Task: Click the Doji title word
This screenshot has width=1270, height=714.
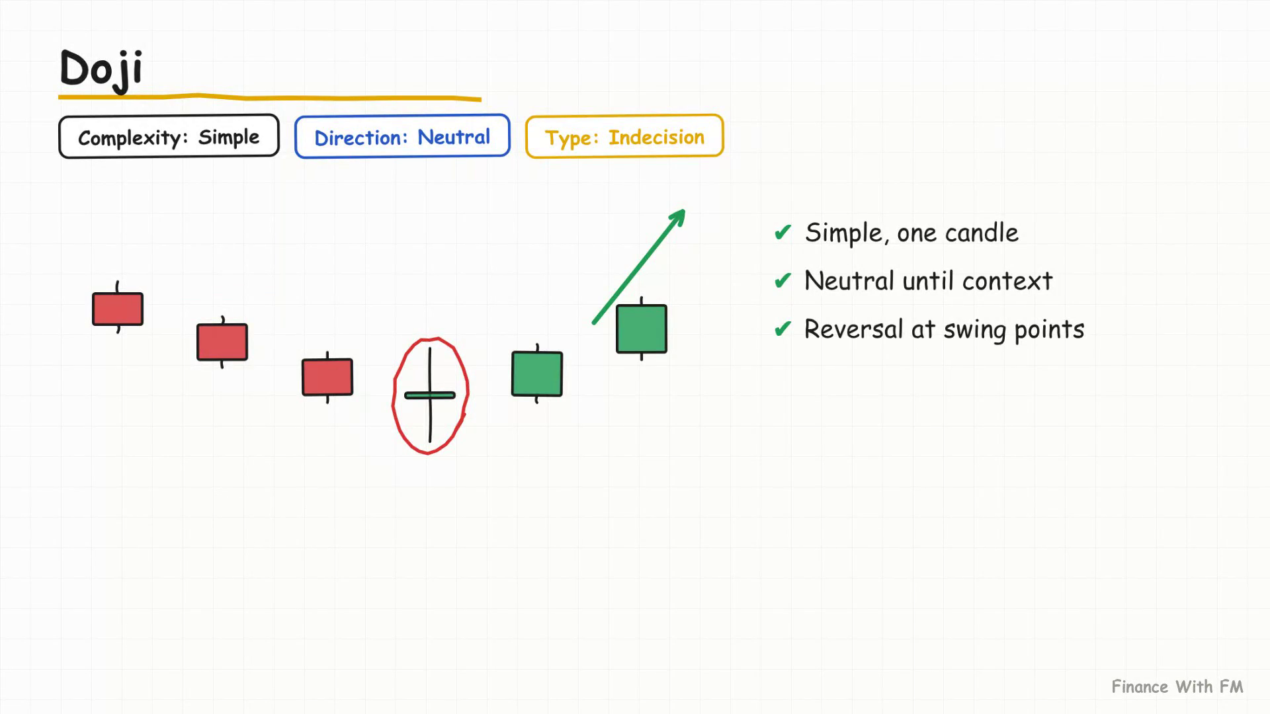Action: [x=101, y=69]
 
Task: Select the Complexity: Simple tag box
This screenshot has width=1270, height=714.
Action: [x=169, y=136]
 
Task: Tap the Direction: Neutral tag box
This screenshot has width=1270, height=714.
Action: [x=402, y=136]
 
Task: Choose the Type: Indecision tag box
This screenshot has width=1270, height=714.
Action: [x=624, y=136]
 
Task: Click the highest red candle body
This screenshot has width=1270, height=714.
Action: [x=118, y=309]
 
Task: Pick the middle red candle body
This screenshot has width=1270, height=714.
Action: [x=222, y=342]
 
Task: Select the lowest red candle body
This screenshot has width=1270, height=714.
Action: [x=327, y=377]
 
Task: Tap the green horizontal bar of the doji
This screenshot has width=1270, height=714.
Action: [x=430, y=395]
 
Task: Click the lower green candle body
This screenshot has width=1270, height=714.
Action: [x=537, y=374]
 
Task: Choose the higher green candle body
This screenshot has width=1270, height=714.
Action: [x=642, y=329]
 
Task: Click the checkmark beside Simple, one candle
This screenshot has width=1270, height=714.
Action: [x=783, y=233]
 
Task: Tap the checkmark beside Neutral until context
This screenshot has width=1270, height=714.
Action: [x=783, y=281]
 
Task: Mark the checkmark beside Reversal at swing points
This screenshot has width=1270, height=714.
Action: [x=783, y=329]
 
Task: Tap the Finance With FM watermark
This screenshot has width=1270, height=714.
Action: [x=1177, y=687]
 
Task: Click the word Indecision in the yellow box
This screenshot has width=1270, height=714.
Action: [x=656, y=137]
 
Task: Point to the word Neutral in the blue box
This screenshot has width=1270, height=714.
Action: [x=454, y=137]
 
